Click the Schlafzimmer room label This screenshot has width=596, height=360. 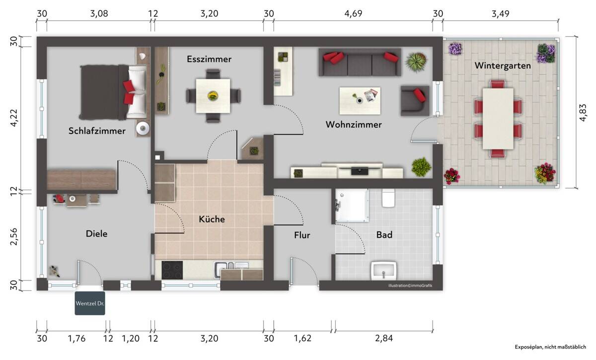point(97,131)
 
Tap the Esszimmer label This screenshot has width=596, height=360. point(209,59)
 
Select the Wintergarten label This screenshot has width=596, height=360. point(503,66)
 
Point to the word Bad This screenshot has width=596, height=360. point(384,235)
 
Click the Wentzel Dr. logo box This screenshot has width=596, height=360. point(90,303)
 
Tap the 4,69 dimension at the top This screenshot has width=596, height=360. point(353,13)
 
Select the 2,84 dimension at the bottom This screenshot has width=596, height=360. point(383,338)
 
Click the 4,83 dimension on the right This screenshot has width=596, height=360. point(583,113)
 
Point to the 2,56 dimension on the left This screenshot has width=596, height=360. point(13,236)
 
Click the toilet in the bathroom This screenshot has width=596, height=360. point(388,198)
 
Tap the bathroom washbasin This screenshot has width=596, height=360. point(383,270)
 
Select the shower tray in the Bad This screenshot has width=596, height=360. point(352,206)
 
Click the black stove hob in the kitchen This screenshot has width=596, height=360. point(172,270)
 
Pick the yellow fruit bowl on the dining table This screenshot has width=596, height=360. point(213,96)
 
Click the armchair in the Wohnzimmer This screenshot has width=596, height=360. point(415,101)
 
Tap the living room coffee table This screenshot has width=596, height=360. point(360,101)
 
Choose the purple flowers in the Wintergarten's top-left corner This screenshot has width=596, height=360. point(455,49)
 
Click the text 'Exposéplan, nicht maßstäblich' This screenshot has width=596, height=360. point(550,347)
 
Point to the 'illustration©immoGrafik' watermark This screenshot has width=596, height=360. point(410,286)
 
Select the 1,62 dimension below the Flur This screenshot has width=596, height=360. point(302,338)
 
